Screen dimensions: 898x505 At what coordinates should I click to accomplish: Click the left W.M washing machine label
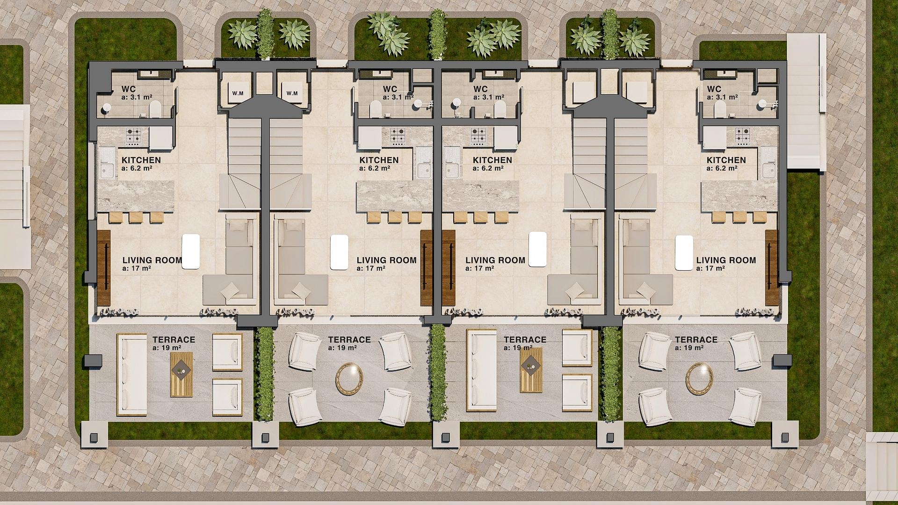238,93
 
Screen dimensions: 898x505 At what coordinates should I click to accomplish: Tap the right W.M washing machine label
292,93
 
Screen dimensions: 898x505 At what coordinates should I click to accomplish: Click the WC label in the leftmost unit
128,89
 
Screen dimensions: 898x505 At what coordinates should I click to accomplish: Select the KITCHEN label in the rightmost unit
726,160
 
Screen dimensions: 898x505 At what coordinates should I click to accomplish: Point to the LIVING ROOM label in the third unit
495,260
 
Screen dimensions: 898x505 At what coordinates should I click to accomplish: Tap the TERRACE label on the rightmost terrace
696,340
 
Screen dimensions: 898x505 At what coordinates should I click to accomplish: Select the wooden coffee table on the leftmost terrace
181,375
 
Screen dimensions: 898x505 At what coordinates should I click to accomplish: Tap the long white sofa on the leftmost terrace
132,375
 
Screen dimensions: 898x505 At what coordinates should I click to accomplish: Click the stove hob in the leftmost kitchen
133,136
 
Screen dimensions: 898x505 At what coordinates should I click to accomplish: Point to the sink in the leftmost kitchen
107,163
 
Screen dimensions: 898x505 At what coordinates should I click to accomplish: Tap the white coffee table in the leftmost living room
191,252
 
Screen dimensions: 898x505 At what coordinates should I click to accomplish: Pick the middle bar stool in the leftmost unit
136,217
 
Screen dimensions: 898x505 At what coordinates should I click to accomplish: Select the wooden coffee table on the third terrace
531,370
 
